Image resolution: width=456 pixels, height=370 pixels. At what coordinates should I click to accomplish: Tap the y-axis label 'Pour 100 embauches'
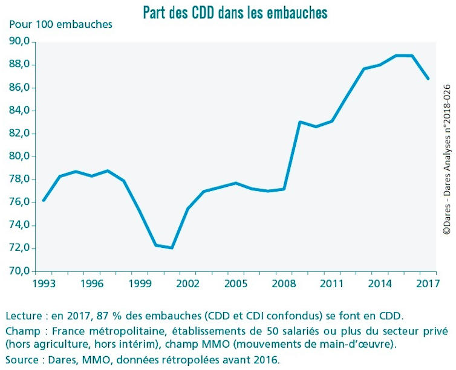(60, 25)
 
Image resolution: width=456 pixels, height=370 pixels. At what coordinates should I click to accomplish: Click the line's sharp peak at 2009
(300, 122)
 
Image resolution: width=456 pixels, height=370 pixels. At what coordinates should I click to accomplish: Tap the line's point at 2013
(364, 69)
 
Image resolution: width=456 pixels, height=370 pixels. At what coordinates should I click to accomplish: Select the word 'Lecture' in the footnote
(22, 316)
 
